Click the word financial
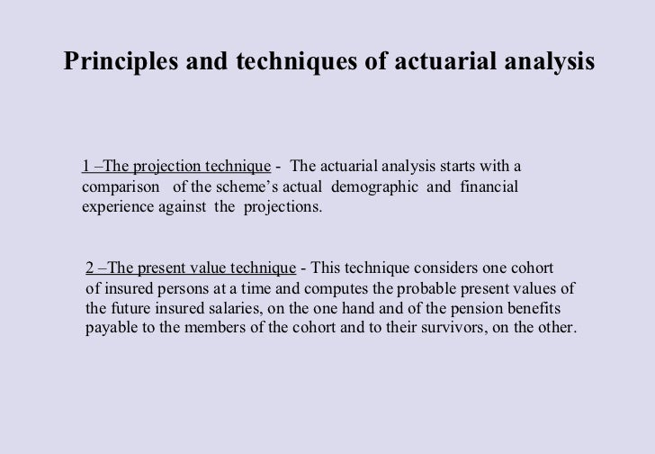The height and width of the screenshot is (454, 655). coord(489,186)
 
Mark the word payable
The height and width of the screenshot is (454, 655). coord(112,328)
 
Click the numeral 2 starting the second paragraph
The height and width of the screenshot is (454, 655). coord(90,268)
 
